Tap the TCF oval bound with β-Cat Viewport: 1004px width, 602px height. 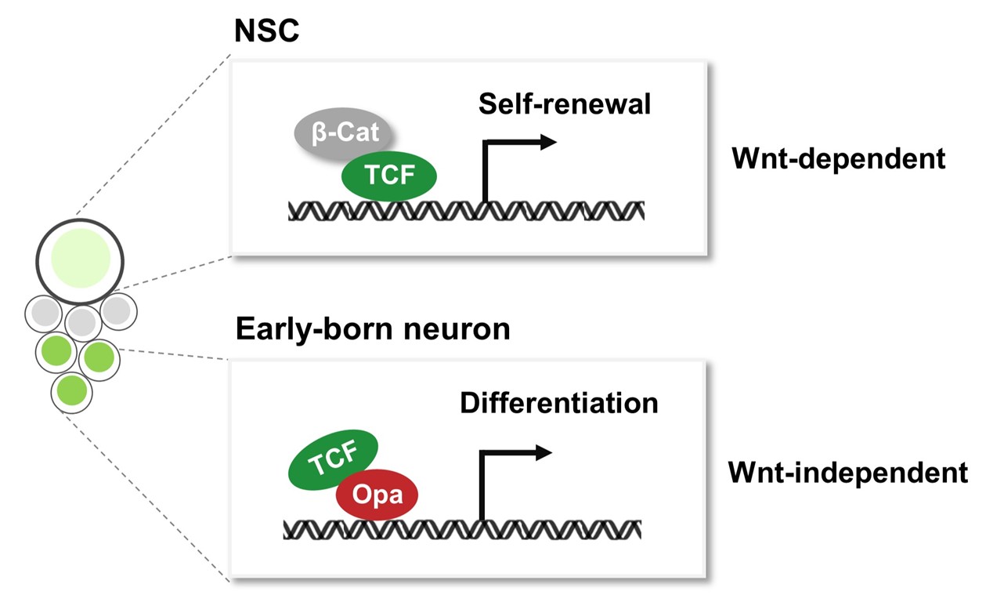389,175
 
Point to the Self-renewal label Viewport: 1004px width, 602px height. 565,103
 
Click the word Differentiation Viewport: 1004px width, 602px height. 558,403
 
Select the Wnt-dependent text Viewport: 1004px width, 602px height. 838,159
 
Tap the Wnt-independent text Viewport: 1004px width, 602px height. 848,473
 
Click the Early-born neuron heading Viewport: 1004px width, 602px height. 373,329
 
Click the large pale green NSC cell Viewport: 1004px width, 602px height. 79,258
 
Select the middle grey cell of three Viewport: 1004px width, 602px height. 82,322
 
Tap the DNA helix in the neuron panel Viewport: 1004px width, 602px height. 462,529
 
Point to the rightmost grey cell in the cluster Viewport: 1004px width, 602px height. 117,311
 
